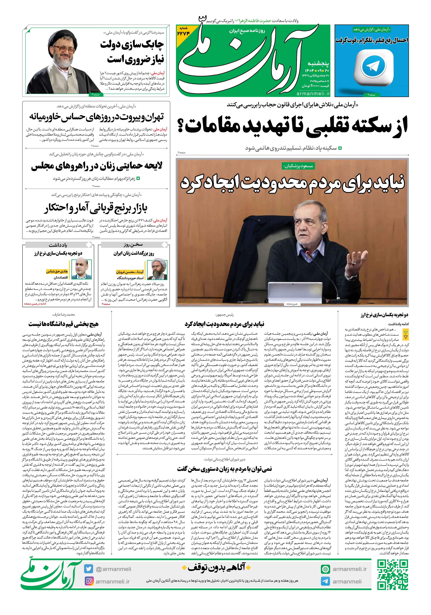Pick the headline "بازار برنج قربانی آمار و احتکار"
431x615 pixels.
[96, 208]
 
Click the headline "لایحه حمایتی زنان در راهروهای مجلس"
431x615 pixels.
[97, 166]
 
